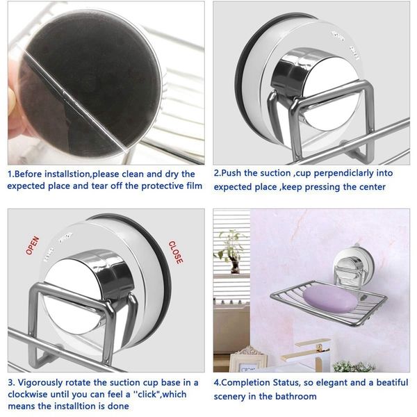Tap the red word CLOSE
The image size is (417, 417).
tap(176, 252)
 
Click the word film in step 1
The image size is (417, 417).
tap(192, 186)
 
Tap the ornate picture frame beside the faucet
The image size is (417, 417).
tap(255, 361)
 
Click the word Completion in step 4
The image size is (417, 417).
tap(250, 382)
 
